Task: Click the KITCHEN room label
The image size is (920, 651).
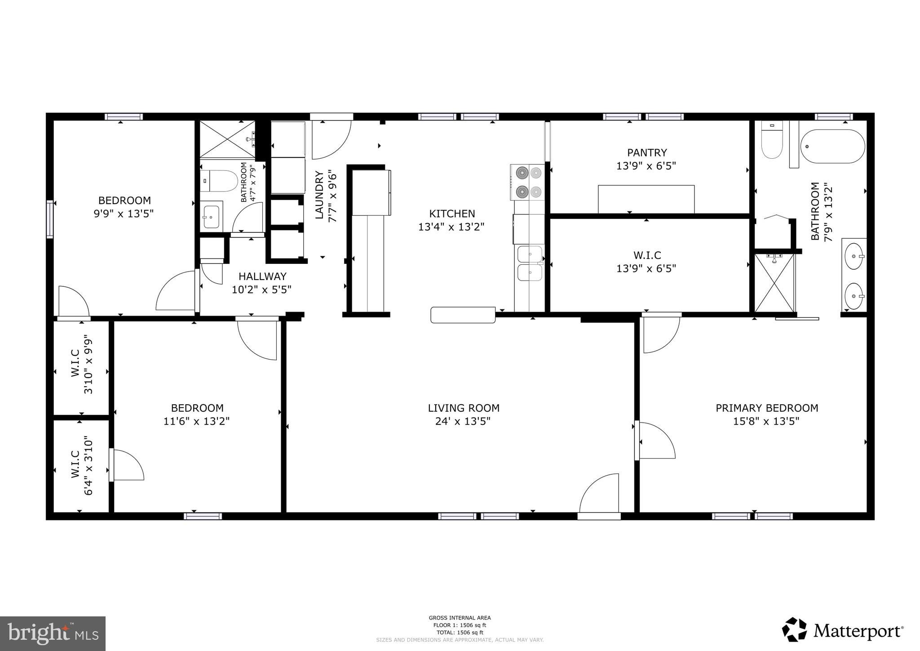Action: pos(451,214)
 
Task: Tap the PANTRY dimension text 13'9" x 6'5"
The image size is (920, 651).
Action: pos(646,166)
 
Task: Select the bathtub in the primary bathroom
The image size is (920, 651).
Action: pos(832,147)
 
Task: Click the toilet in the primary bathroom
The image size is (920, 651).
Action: pos(772,142)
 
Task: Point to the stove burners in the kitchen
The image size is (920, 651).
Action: pos(528,182)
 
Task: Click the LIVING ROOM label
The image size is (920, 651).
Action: pos(463,408)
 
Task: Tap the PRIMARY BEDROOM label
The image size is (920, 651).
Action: pos(766,408)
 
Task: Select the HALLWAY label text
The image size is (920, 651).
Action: pos(262,276)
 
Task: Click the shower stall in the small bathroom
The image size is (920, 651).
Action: pos(227,139)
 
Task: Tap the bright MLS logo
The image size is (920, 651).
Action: pos(53,633)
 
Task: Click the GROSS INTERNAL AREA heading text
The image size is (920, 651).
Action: pos(460,618)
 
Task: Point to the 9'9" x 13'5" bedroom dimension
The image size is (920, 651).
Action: pos(124,214)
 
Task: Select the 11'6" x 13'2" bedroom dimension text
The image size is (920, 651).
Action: pos(197,421)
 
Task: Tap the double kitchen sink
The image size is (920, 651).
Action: pos(530,263)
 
